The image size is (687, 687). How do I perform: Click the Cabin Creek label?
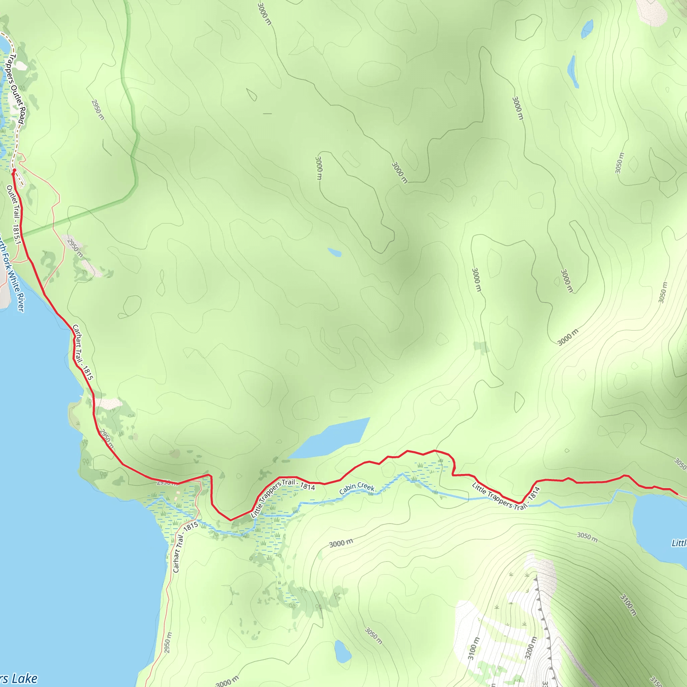click(357, 488)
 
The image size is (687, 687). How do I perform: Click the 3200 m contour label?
click(530, 647)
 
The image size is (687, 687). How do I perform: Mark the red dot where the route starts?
click(14, 171)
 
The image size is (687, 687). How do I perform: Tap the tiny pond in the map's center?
click(334, 253)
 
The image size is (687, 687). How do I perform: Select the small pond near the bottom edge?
click(342, 651)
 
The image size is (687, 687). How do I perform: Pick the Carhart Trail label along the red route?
click(83, 352)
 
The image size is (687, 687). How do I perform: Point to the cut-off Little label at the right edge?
click(679, 543)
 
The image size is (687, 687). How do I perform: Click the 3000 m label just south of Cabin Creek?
click(341, 543)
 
